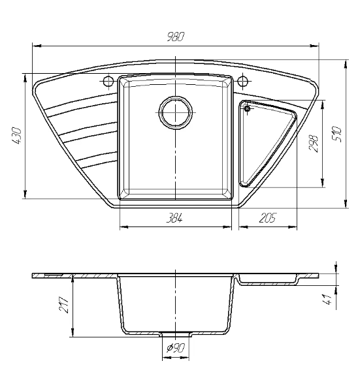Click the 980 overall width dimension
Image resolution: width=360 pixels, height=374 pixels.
click(x=176, y=37)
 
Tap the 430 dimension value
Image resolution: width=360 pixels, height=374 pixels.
click(x=17, y=136)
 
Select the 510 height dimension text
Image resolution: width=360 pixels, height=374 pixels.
click(x=337, y=134)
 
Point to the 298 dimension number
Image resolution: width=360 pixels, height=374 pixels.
click(x=314, y=144)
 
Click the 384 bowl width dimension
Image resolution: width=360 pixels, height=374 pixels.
click(x=174, y=218)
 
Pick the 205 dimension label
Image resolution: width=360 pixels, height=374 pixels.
click(x=268, y=218)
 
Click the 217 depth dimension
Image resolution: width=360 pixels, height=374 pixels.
click(x=64, y=305)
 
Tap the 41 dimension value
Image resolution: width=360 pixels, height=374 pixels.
click(x=327, y=300)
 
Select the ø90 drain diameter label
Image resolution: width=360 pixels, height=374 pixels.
click(x=176, y=348)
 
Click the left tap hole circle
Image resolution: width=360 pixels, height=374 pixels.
click(x=108, y=82)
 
